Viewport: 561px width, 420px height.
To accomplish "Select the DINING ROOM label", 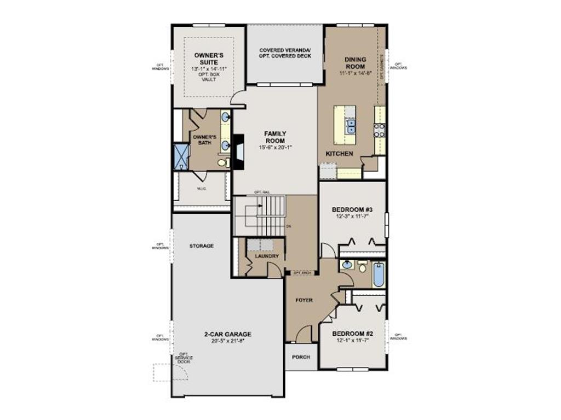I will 355,62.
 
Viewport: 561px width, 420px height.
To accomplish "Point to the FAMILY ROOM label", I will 275,137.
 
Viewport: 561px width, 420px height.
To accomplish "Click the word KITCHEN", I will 339,154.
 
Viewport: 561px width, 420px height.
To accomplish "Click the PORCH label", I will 301,357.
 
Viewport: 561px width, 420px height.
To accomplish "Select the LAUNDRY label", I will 267,256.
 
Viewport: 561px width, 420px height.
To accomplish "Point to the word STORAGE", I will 202,246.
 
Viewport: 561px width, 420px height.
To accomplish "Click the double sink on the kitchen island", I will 350,127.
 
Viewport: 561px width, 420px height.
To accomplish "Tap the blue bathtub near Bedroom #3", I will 379,275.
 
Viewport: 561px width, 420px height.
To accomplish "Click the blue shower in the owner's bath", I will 181,156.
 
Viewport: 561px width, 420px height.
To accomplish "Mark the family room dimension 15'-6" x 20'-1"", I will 275,148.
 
